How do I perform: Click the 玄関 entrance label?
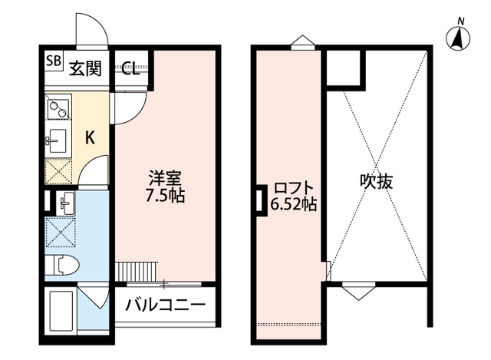(87, 68)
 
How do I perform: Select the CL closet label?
(129, 68)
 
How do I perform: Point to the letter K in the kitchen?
(90, 138)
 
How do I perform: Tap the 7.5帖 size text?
(166, 195)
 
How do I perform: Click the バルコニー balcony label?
(165, 305)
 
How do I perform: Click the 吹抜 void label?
(377, 182)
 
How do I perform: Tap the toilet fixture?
(63, 265)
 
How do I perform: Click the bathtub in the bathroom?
(60, 310)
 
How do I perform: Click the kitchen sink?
(57, 140)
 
